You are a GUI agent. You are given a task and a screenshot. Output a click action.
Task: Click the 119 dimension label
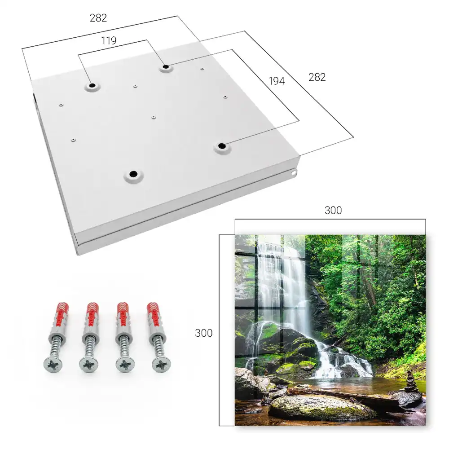pyautogui.click(x=109, y=41)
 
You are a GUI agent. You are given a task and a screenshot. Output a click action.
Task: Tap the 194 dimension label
pyautogui.click(x=277, y=81)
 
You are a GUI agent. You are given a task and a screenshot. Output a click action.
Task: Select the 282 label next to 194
pyautogui.click(x=317, y=77)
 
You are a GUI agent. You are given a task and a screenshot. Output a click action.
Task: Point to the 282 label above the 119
pyautogui.click(x=98, y=18)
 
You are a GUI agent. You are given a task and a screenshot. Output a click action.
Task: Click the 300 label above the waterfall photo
pyautogui.click(x=333, y=210)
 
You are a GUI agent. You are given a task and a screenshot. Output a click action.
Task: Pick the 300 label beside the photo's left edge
pyautogui.click(x=203, y=333)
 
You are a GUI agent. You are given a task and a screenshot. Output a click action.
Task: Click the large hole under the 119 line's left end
pyautogui.click(x=92, y=86)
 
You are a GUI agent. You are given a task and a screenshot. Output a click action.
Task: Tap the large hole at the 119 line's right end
pyautogui.click(x=166, y=67)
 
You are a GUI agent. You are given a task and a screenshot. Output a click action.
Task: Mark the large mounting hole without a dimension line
pyautogui.click(x=133, y=174)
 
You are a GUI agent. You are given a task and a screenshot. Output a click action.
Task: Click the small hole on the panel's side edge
pyautogui.click(x=294, y=173)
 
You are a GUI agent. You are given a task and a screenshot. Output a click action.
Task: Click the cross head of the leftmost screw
pyautogui.click(x=53, y=365)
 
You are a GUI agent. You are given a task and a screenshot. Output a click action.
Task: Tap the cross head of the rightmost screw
pyautogui.click(x=161, y=365)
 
